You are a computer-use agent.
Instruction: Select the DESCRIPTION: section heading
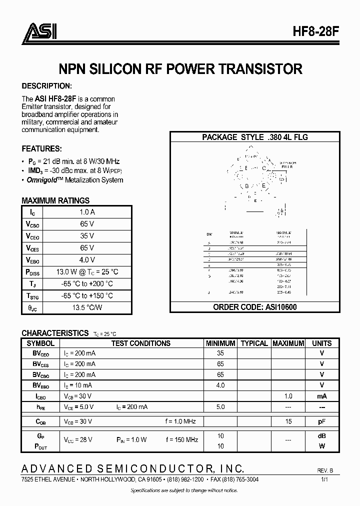click(x=47, y=85)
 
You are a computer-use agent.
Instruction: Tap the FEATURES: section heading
click(x=42, y=148)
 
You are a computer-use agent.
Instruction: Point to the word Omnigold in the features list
click(x=43, y=180)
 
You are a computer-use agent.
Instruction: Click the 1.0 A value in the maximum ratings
click(x=87, y=212)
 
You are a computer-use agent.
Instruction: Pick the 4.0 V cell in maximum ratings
click(x=87, y=260)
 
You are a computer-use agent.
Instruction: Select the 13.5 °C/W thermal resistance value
click(x=87, y=308)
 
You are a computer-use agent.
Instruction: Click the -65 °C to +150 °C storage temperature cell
click(x=87, y=296)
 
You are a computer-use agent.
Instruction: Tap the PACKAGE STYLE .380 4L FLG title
click(x=255, y=137)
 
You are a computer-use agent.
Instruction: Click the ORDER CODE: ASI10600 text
click(x=255, y=307)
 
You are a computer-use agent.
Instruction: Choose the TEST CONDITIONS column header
click(x=140, y=343)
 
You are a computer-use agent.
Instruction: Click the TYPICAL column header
click(x=254, y=343)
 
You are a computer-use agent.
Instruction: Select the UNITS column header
click(x=321, y=343)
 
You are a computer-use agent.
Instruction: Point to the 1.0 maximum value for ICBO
click(x=288, y=396)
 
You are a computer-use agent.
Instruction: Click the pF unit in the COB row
click(x=321, y=422)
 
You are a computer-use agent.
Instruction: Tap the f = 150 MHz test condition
click(x=182, y=440)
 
